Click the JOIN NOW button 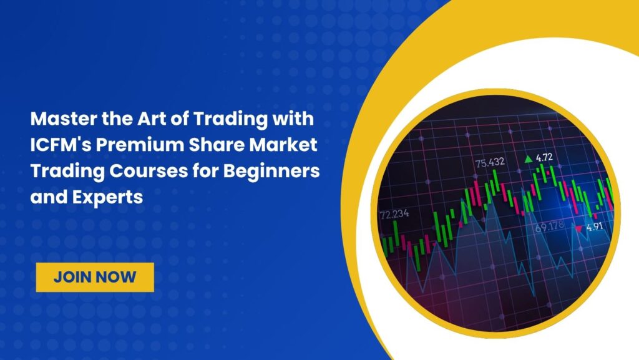pyautogui.click(x=95, y=277)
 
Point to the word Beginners pyautogui.click(x=271, y=172)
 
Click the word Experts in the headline pyautogui.click(x=107, y=198)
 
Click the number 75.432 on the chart pyautogui.click(x=490, y=162)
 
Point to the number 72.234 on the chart pyautogui.click(x=394, y=214)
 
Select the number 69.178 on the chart pyautogui.click(x=550, y=226)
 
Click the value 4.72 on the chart pyautogui.click(x=544, y=157)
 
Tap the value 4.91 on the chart pyautogui.click(x=595, y=226)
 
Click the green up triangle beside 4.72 pyautogui.click(x=529, y=159)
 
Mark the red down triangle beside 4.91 pyautogui.click(x=578, y=229)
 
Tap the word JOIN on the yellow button pyautogui.click(x=74, y=277)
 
